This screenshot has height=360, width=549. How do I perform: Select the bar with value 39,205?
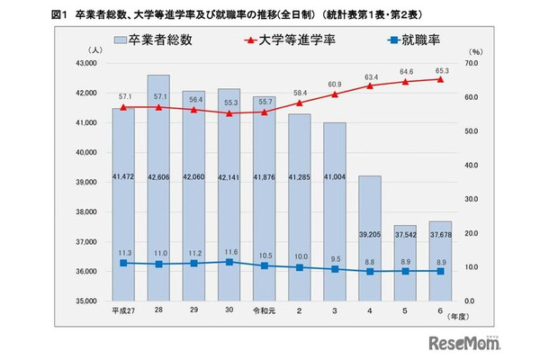(370, 243)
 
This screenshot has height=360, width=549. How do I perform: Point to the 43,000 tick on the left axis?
(88, 63)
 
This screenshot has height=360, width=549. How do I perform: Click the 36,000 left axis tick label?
(88, 271)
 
